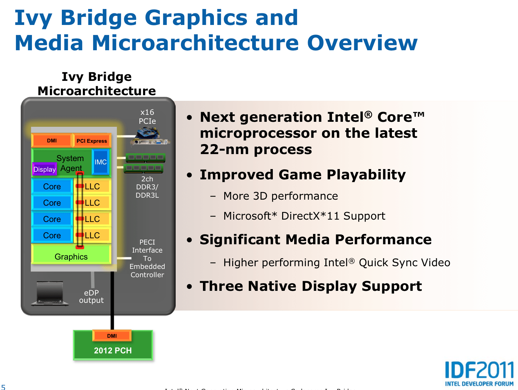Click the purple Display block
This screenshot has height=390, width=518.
coord(45,169)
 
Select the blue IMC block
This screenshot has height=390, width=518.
coord(100,162)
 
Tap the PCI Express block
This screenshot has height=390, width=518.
coord(92,141)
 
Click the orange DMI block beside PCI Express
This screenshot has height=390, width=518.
coord(52,140)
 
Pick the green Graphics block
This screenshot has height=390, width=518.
coord(71,257)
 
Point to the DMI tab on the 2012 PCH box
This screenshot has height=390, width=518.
coord(112,336)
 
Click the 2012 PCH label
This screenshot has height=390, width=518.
coord(113,350)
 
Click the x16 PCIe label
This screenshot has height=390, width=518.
coord(147,116)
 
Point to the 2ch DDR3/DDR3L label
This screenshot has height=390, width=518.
coord(147,187)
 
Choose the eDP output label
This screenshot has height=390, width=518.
coord(91,296)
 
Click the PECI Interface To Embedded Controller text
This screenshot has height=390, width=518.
coord(147,258)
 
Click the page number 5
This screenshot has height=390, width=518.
coord(3,387)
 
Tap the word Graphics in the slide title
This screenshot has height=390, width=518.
coord(196,18)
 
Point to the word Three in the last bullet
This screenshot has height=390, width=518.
coord(221,286)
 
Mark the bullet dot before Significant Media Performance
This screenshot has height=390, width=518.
coord(189,240)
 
